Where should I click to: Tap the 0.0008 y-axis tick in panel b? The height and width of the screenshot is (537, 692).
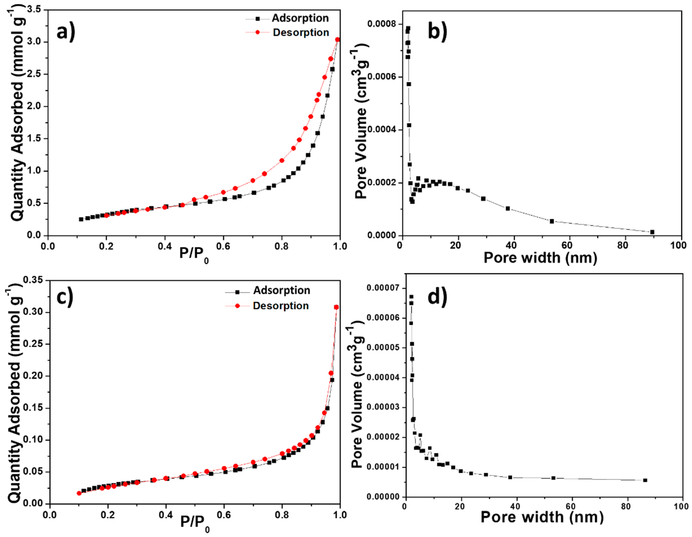point(382,24)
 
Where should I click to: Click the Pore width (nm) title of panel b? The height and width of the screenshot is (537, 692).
point(540,258)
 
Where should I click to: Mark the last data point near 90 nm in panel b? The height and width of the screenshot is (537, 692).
point(652,232)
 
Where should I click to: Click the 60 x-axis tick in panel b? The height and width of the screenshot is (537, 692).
point(567,245)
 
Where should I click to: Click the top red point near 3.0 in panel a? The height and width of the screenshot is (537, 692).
point(338,40)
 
